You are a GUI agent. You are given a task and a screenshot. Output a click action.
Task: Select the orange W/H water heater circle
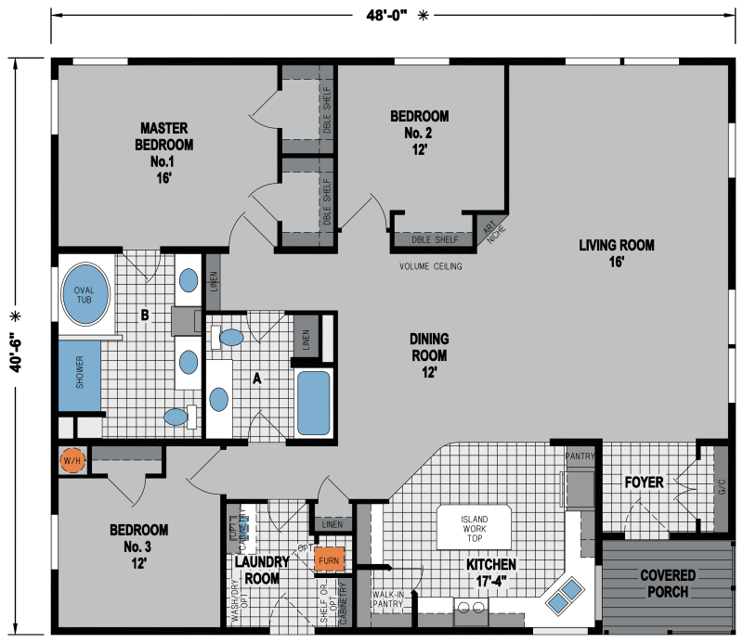click(x=72, y=460)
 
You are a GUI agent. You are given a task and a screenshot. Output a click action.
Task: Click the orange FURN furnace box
click(x=330, y=560)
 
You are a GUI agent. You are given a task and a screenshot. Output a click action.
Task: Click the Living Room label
click(x=616, y=253)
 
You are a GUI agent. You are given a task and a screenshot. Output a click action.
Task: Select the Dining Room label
click(x=428, y=355)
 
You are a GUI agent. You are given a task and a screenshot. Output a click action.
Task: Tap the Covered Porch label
click(x=667, y=584)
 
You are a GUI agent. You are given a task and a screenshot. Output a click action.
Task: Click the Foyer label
click(x=643, y=482)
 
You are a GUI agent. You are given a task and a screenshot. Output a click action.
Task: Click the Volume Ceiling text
click(x=430, y=267)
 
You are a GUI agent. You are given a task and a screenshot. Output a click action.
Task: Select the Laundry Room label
click(x=257, y=570)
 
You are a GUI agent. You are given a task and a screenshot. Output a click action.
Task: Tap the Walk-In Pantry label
click(x=385, y=598)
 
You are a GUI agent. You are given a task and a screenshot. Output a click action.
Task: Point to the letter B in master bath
click(x=144, y=315)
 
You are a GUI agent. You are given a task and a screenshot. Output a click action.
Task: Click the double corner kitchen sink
click(x=565, y=595)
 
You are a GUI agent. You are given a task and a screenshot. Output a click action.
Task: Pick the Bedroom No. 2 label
click(x=419, y=132)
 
